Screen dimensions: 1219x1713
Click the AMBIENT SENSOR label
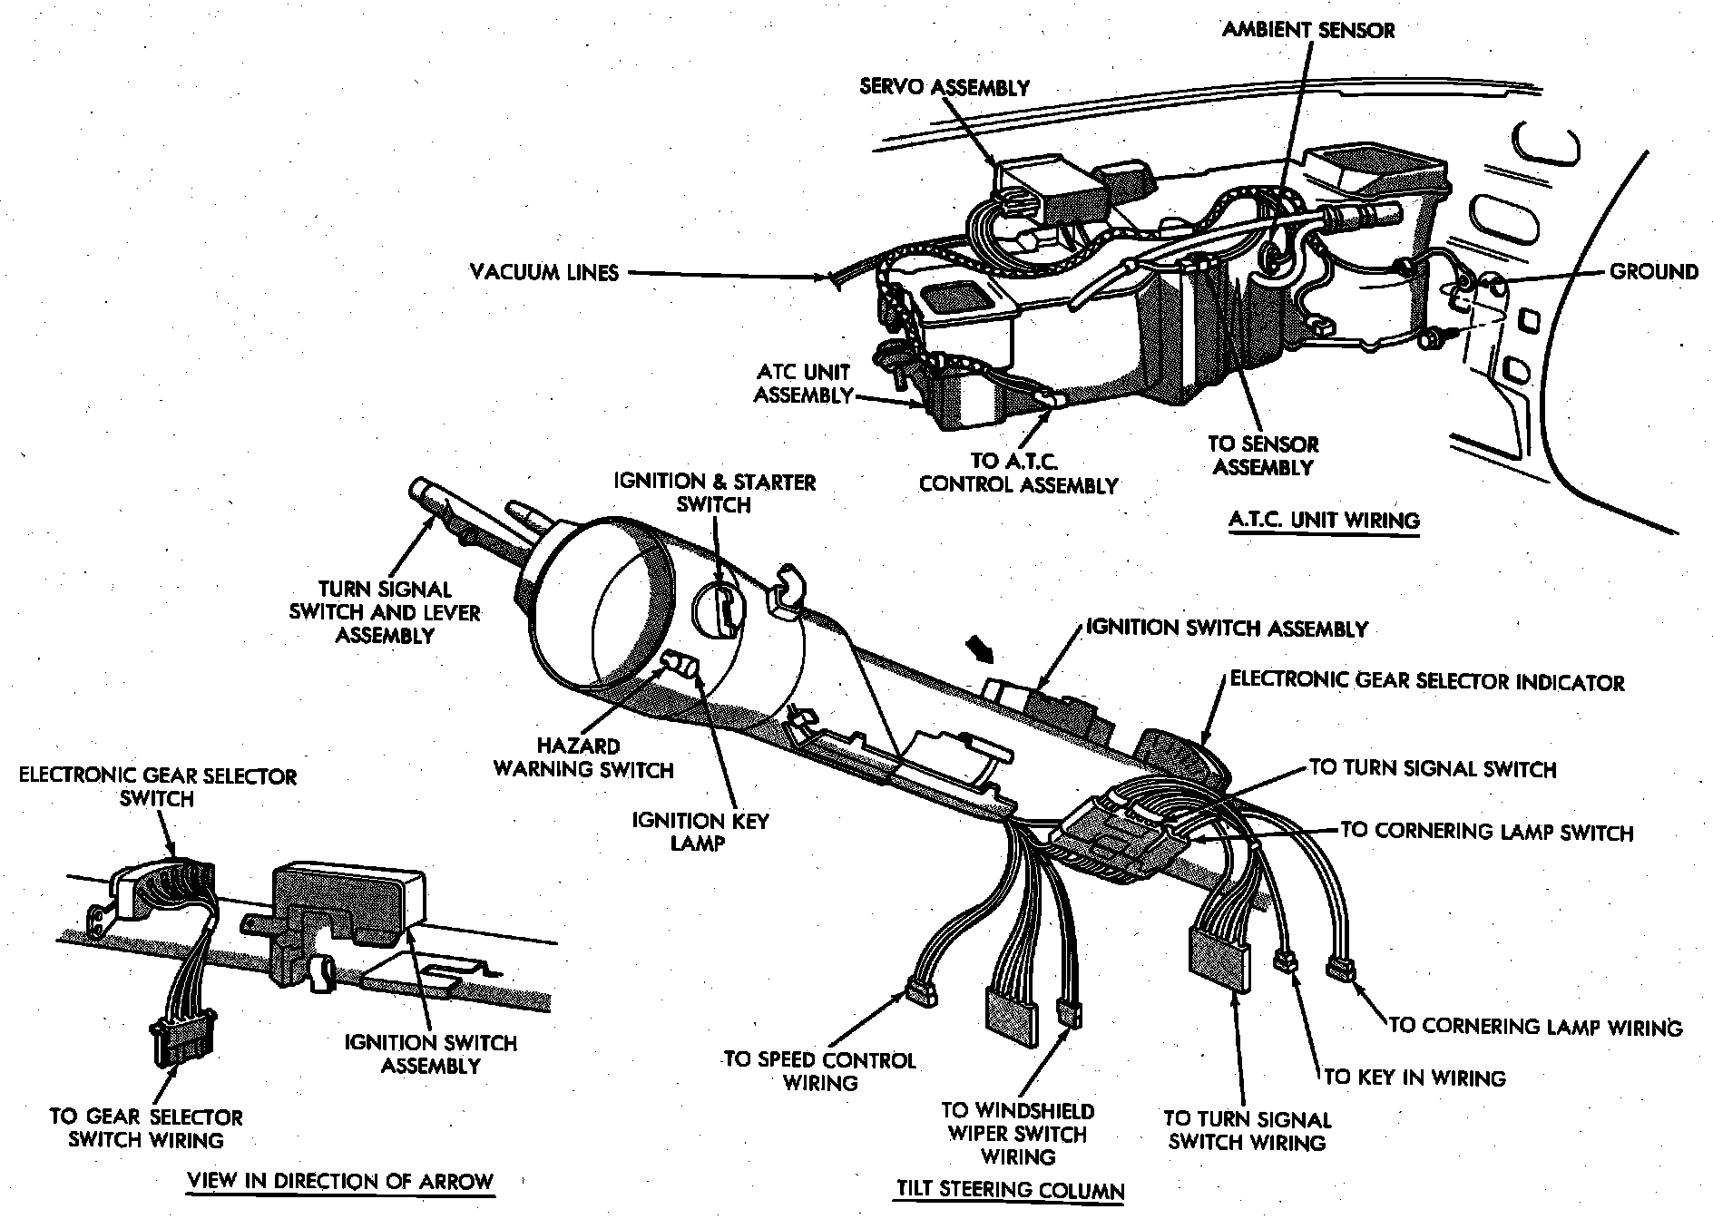point(1307,30)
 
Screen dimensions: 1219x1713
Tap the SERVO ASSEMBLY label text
point(945,87)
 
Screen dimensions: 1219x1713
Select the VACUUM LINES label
point(544,272)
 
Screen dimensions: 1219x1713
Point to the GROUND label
point(1653,271)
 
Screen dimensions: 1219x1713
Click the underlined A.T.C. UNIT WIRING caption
point(1324,521)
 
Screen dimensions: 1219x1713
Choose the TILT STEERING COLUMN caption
point(1010,1189)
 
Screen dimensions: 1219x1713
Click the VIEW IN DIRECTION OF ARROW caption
point(339,1181)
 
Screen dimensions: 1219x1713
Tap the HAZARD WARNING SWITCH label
point(583,758)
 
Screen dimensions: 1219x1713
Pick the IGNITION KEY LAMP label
point(700,832)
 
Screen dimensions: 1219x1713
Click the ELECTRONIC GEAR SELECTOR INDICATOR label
point(1426,682)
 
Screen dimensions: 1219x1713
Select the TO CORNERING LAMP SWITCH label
point(1486,831)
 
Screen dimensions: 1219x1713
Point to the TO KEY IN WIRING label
point(1414,1078)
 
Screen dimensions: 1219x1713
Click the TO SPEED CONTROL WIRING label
point(820,1071)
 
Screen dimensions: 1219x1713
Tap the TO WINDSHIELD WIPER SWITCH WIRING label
point(1018,1134)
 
